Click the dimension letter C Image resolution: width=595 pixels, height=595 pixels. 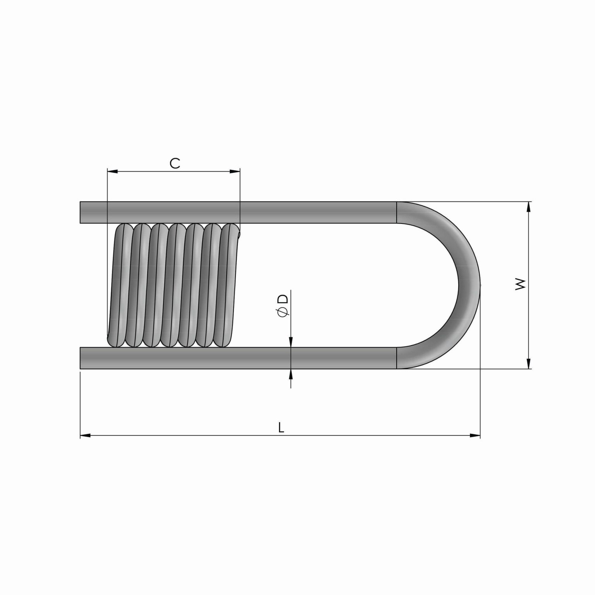point(175,163)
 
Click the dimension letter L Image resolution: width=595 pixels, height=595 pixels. point(282,428)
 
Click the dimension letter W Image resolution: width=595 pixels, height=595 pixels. point(521,284)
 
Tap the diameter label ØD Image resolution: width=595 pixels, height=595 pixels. point(283,306)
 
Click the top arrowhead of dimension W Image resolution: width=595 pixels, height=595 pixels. point(528,206)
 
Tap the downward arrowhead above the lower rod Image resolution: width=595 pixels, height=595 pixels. point(291,342)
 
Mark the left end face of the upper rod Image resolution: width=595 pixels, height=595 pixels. point(81,212)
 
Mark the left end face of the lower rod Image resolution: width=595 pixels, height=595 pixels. point(81,358)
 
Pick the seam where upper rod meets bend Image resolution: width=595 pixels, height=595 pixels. point(397,212)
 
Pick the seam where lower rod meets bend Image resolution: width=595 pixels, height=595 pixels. point(397,358)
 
